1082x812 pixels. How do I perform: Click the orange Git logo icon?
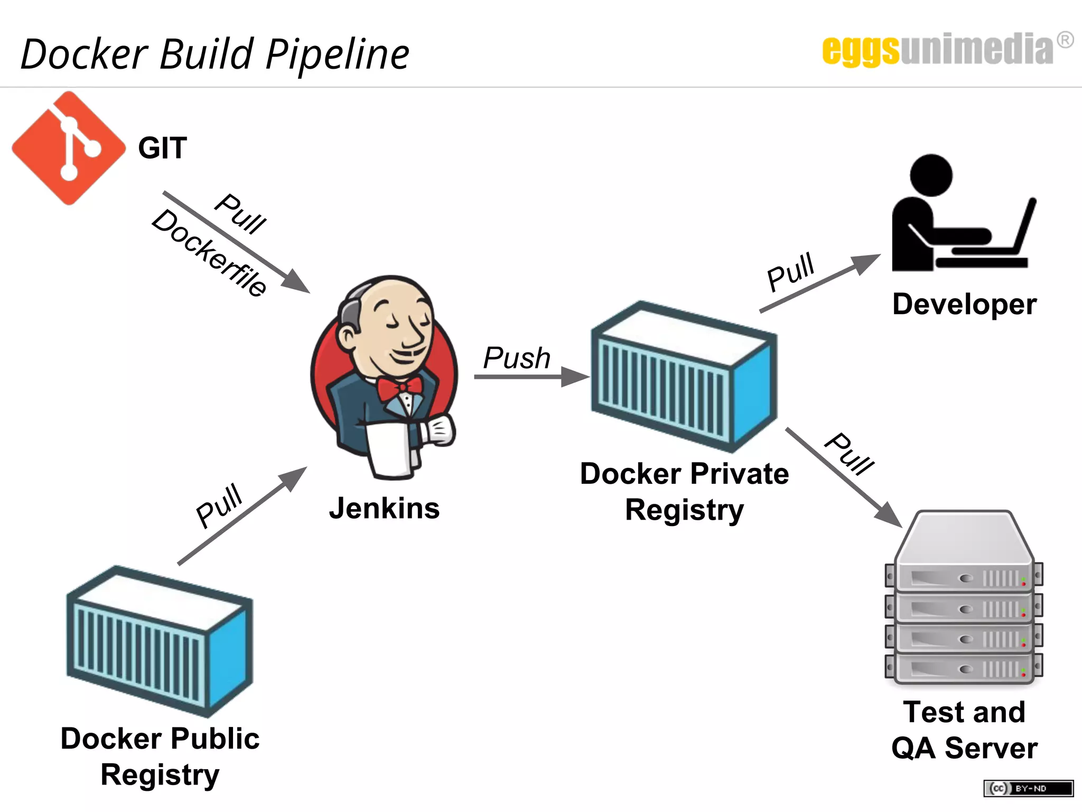pyautogui.click(x=69, y=148)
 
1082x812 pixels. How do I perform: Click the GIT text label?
pyautogui.click(x=162, y=148)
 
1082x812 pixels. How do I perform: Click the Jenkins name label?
pyautogui.click(x=384, y=509)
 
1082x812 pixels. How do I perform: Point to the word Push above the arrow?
pyautogui.click(x=517, y=358)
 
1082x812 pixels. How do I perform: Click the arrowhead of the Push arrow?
pyautogui.click(x=575, y=377)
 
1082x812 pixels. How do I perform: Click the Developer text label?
pyautogui.click(x=964, y=304)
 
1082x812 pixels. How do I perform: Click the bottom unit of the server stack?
pyautogui.click(x=964, y=668)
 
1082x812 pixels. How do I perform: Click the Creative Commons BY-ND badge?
pyautogui.click(x=1028, y=788)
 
